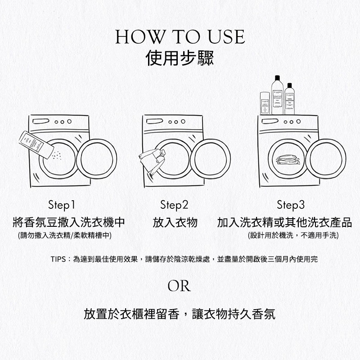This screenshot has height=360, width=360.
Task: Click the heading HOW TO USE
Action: (x=180, y=37)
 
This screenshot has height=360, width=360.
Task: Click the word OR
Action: (x=179, y=286)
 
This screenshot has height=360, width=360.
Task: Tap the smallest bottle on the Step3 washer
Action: (x=265, y=103)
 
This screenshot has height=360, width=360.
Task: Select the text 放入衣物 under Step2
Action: (x=175, y=222)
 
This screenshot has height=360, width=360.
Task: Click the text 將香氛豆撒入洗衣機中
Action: (x=68, y=222)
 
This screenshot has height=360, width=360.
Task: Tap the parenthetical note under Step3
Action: (x=293, y=235)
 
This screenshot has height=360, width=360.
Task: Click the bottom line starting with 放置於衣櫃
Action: (x=180, y=314)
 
